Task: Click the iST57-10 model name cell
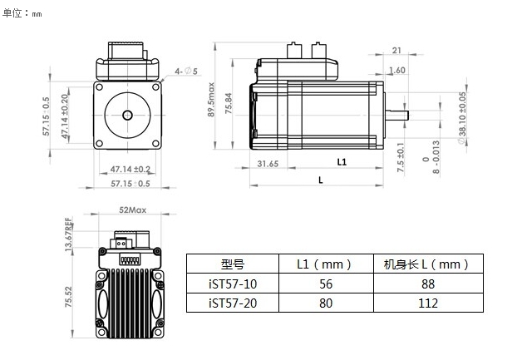click(233, 284)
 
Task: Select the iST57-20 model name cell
click(233, 303)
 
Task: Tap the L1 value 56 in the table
click(326, 284)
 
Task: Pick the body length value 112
click(428, 303)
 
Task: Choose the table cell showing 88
click(428, 284)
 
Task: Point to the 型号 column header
click(233, 264)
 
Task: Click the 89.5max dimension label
click(211, 100)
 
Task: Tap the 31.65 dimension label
click(268, 164)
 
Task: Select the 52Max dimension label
click(132, 210)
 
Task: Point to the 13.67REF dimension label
click(68, 234)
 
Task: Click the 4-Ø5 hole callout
click(186, 71)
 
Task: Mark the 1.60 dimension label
click(397, 70)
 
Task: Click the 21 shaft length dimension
click(396, 51)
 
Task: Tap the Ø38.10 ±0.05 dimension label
click(462, 118)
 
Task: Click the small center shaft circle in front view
click(128, 115)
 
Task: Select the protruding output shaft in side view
click(396, 116)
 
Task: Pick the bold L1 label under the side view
click(342, 162)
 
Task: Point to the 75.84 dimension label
click(229, 103)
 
